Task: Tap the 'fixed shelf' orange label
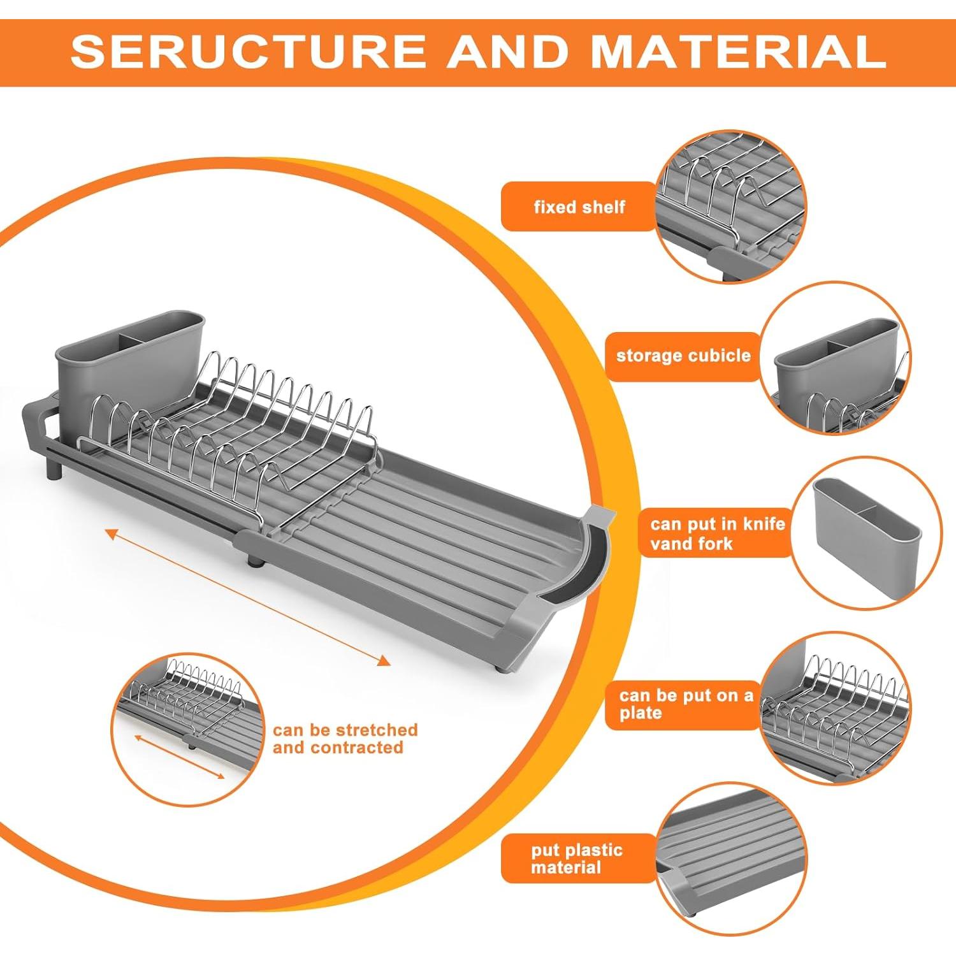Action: pos(579,206)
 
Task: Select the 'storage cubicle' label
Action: pos(683,356)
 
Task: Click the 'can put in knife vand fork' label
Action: pos(716,533)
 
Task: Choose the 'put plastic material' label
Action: pos(577,858)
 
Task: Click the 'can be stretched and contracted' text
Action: pos(345,739)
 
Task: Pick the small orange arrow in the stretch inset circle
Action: pos(180,757)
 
